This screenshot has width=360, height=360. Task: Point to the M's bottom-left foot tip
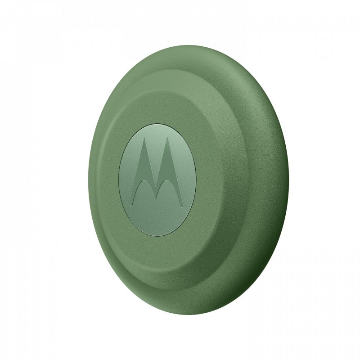coord(135,197)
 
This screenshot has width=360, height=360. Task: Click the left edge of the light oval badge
coord(119,180)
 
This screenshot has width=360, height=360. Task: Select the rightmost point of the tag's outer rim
coord(289,180)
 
